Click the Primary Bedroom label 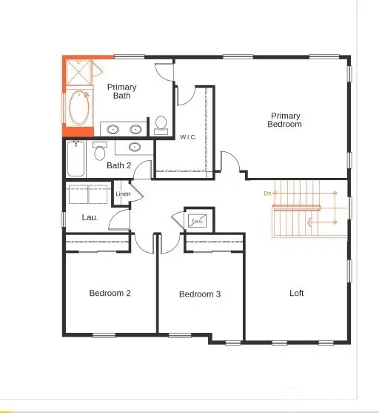click(x=285, y=120)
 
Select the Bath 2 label click(x=119, y=165)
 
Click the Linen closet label click(x=123, y=194)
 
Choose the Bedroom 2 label click(x=110, y=293)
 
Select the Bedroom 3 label click(x=200, y=294)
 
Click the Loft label click(x=296, y=293)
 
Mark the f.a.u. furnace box click(x=197, y=221)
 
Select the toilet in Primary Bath click(x=161, y=125)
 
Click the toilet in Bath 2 click(x=101, y=152)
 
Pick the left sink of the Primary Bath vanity click(x=113, y=129)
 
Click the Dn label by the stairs click(x=267, y=194)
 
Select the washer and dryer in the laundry click(x=88, y=194)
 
